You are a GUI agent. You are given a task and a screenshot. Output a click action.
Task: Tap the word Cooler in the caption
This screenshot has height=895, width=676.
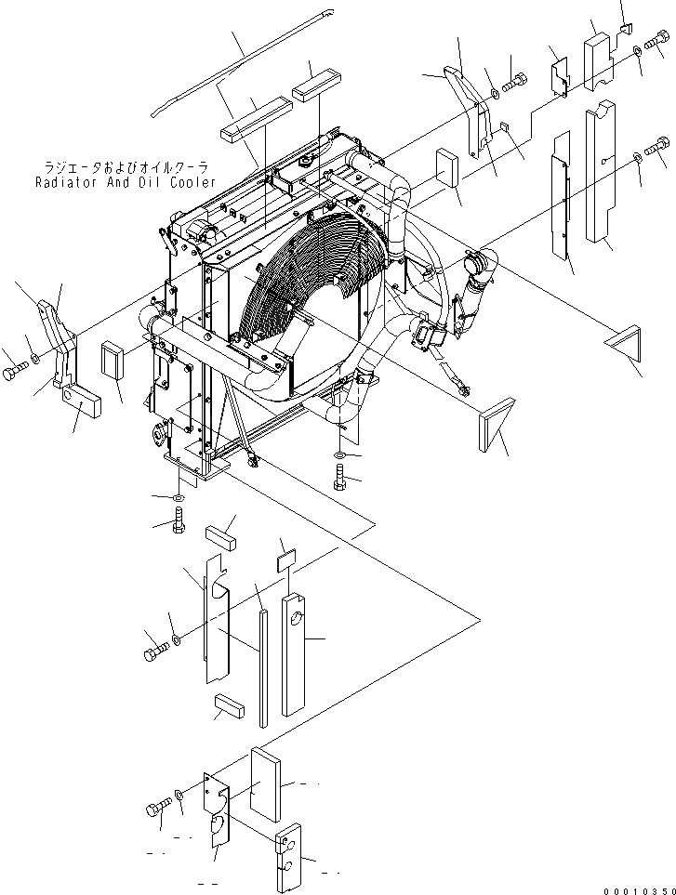[x=191, y=182]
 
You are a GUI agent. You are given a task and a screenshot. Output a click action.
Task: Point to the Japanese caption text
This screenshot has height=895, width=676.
[x=127, y=168]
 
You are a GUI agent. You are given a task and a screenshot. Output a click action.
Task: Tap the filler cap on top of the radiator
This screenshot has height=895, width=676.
[x=304, y=165]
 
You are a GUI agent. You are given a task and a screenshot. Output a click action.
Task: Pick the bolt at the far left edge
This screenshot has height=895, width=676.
[x=11, y=374]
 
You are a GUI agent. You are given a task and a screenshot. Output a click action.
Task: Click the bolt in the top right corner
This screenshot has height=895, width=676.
[x=658, y=42]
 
